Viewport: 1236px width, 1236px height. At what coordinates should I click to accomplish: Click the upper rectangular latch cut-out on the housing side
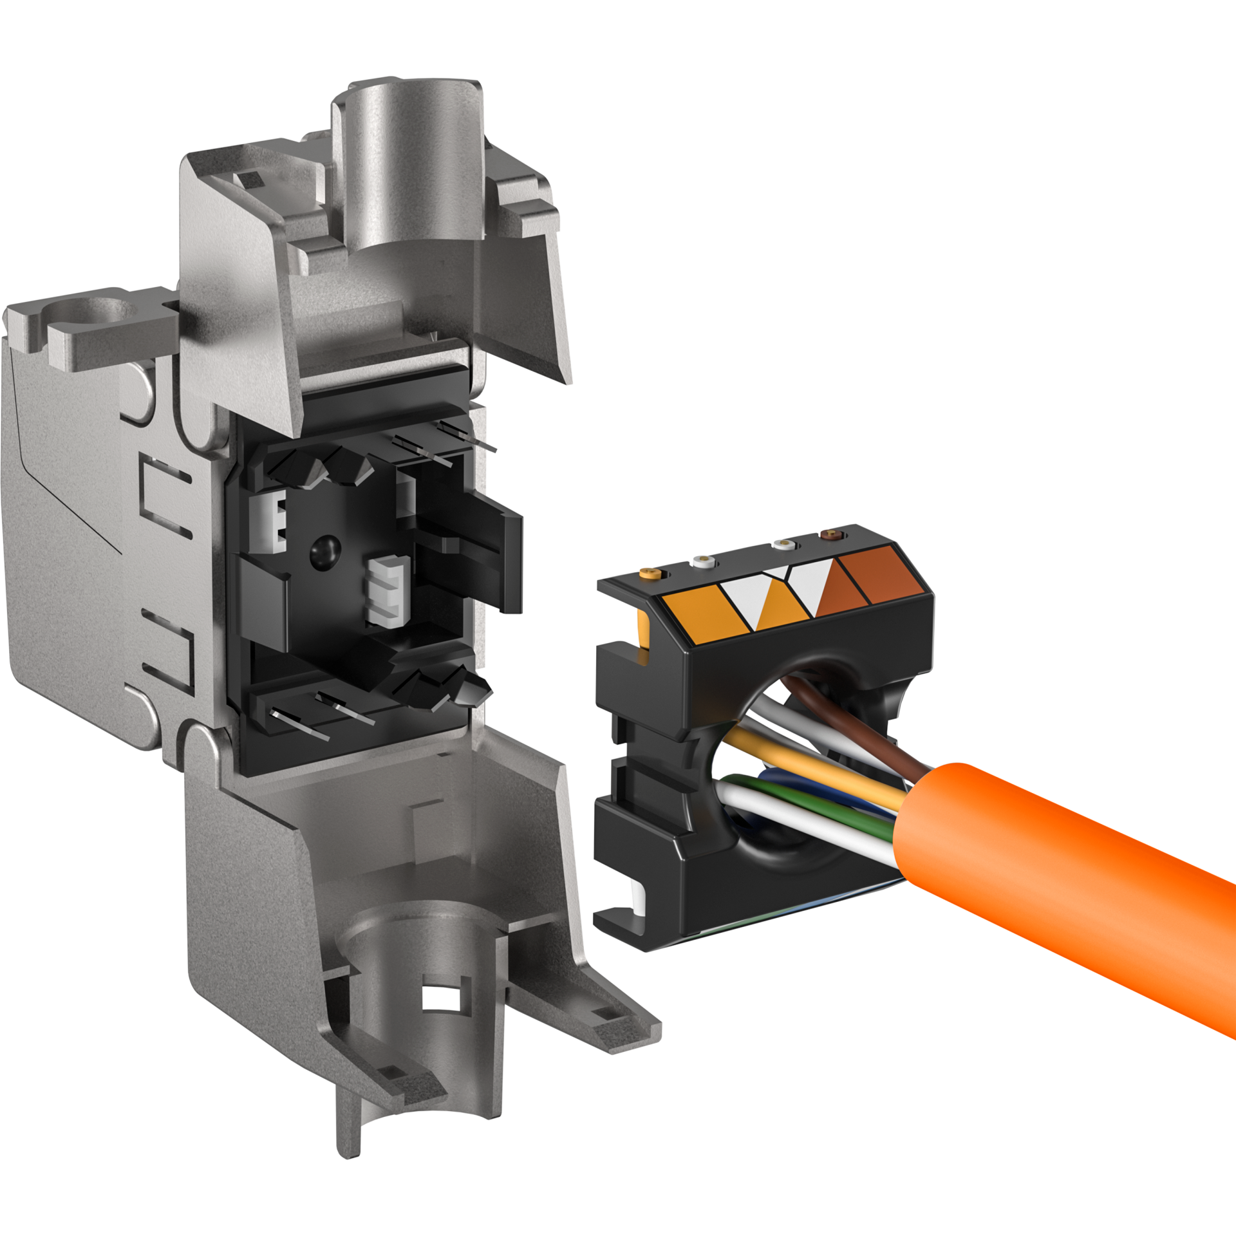click(165, 496)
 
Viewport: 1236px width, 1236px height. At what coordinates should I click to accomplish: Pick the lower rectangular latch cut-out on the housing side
click(165, 650)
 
